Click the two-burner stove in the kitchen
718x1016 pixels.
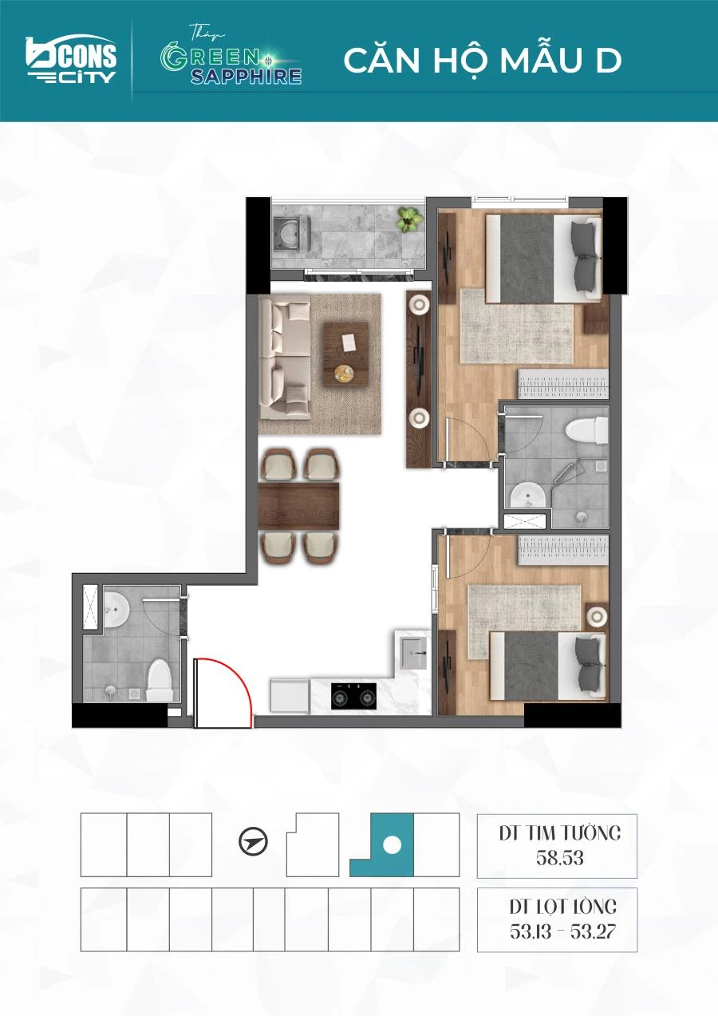click(x=353, y=696)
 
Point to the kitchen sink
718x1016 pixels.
click(x=412, y=653)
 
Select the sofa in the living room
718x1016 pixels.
click(x=285, y=357)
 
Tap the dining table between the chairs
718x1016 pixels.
click(x=298, y=506)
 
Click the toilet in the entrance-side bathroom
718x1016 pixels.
click(x=160, y=680)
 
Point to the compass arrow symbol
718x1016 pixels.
click(x=253, y=842)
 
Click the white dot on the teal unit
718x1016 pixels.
click(x=392, y=844)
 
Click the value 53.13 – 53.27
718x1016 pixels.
click(x=562, y=931)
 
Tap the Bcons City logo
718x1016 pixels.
click(x=71, y=59)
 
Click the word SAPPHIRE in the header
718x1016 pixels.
click(x=247, y=76)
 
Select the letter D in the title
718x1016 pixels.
click(x=608, y=61)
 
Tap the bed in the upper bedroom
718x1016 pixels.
click(x=543, y=259)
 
